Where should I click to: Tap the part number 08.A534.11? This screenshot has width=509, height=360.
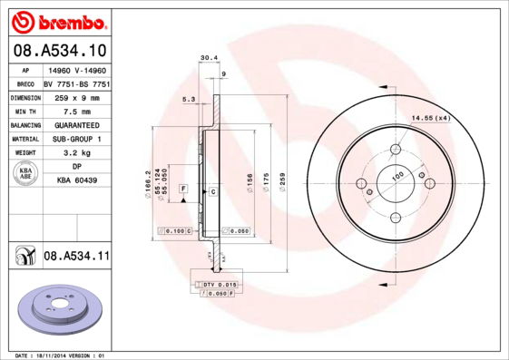pyautogui.click(x=76, y=257)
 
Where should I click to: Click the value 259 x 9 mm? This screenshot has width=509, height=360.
pyautogui.click(x=76, y=96)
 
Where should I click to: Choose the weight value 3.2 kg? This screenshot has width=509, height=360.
pyautogui.click(x=76, y=153)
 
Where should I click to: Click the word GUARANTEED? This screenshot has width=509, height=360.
pyautogui.click(x=76, y=124)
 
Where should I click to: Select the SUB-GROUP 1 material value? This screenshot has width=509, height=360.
pyautogui.click(x=76, y=139)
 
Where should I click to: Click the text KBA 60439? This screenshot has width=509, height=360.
pyautogui.click(x=76, y=180)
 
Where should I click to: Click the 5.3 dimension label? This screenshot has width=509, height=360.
pyautogui.click(x=189, y=98)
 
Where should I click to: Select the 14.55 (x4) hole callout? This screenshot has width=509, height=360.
pyautogui.click(x=432, y=118)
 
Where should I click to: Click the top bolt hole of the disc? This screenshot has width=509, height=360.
pyautogui.click(x=396, y=151)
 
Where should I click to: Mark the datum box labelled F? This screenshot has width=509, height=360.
pyautogui.click(x=183, y=188)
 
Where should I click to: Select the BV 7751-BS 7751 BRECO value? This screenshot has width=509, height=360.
pyautogui.click(x=76, y=82)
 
